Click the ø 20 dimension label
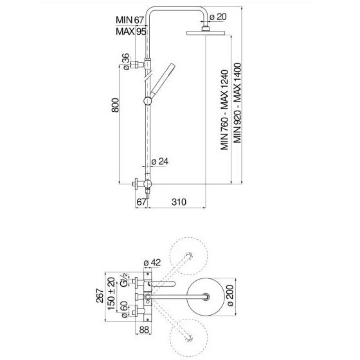point(218,17)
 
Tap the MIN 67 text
point(130,20)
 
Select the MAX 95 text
point(131,32)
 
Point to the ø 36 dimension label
point(126,62)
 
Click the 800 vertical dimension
point(115,105)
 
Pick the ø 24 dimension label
point(160,161)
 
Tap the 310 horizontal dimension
point(179,202)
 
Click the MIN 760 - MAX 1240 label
point(224,110)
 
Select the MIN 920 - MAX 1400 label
point(237,103)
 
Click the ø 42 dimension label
point(152,262)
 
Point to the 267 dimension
point(100,296)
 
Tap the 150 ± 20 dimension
point(111,294)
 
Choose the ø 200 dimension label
point(230,296)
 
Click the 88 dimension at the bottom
point(144,330)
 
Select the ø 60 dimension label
point(124,309)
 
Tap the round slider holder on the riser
point(148,101)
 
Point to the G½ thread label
point(124,280)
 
